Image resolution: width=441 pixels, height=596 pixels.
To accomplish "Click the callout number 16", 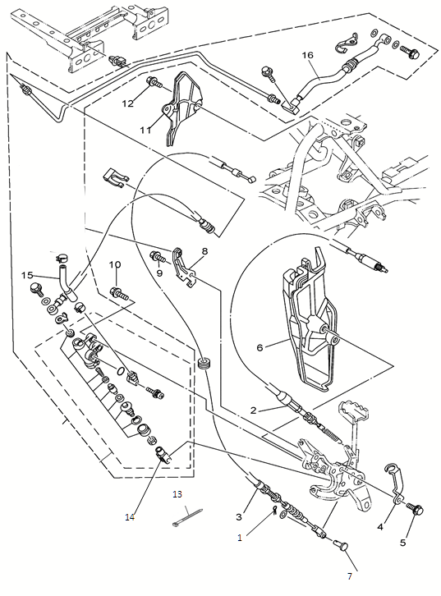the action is click(x=308, y=55).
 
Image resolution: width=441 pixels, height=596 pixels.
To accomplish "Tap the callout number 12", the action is click(x=128, y=103).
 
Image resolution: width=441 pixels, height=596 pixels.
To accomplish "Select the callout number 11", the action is click(x=145, y=130).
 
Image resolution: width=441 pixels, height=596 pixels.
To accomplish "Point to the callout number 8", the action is click(x=205, y=251).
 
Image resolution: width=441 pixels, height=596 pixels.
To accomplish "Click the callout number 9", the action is click(x=159, y=273).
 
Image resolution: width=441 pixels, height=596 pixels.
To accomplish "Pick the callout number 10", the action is click(x=115, y=264).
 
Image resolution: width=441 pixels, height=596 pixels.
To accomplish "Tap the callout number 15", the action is click(x=27, y=275).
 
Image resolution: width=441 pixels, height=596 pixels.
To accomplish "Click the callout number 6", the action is click(x=260, y=347).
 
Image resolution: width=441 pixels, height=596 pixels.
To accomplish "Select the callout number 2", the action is click(x=254, y=410).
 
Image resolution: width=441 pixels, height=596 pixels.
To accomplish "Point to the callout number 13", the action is click(x=177, y=494).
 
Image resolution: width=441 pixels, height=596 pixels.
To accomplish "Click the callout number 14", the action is click(x=130, y=517).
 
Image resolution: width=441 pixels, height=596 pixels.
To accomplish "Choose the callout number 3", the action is click(x=239, y=517).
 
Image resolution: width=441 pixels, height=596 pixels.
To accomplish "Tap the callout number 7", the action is click(x=349, y=576).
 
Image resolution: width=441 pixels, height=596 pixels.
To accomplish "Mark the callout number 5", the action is click(x=402, y=543).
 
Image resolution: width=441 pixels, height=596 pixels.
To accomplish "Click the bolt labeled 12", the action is click(x=154, y=81).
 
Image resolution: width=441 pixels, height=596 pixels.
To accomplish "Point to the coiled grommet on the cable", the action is click(x=205, y=362).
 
